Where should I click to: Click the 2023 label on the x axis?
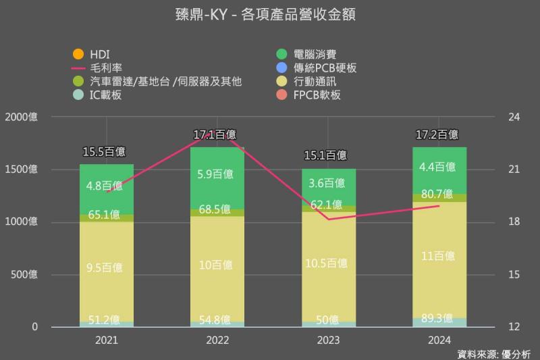coord(327,341)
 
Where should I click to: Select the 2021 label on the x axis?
coord(106,341)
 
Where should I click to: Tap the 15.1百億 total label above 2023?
coord(327,156)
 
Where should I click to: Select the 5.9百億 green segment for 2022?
coord(217,174)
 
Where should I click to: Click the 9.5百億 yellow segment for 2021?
coord(106,267)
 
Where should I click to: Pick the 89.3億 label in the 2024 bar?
coord(439,319)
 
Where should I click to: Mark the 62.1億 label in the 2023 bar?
coord(327,205)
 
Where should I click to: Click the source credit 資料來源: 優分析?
coord(494,353)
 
